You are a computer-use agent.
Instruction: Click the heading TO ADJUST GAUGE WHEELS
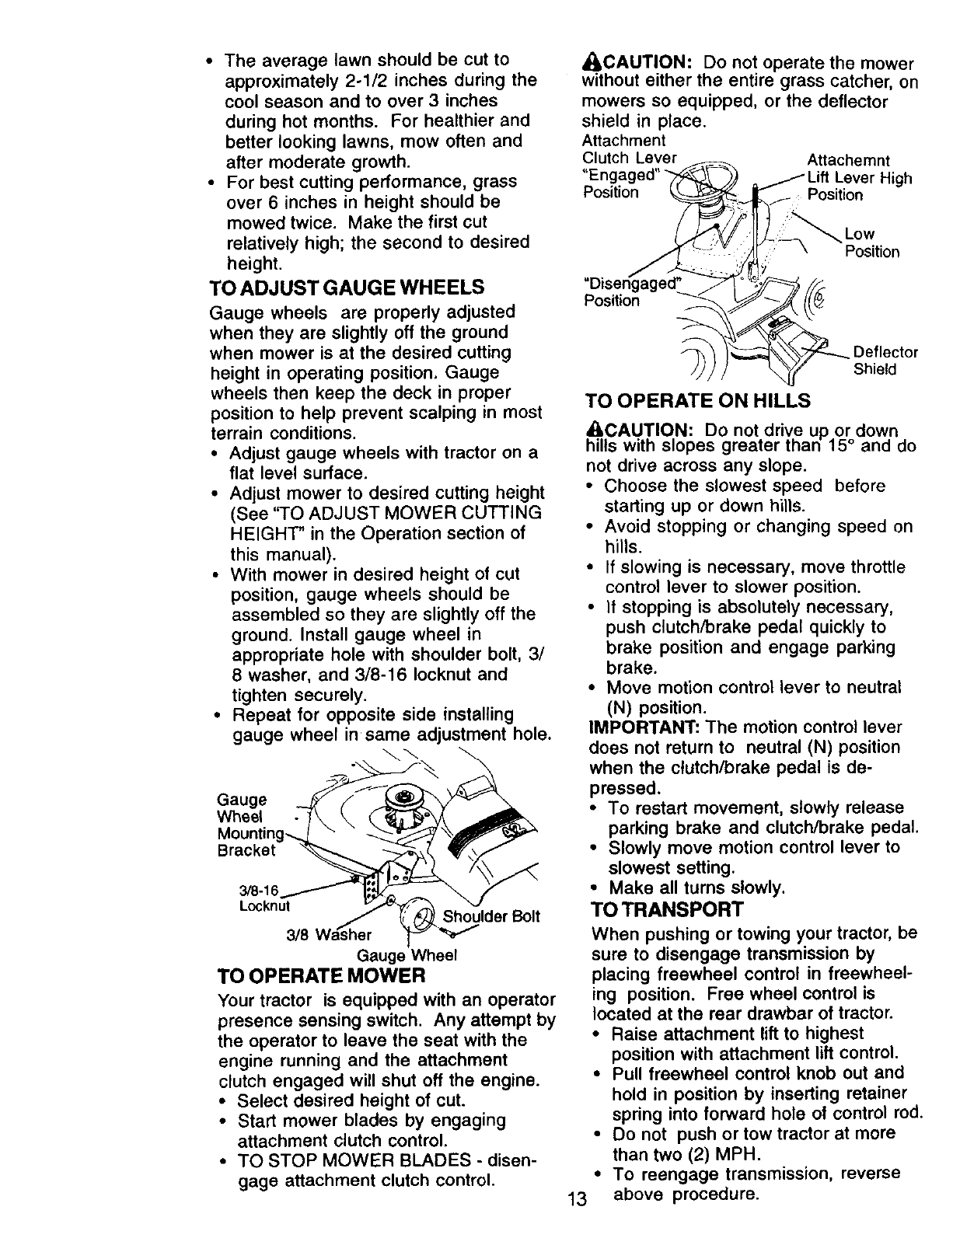pyautogui.click(x=347, y=288)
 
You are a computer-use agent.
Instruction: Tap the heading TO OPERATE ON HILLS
pyautogui.click(x=697, y=401)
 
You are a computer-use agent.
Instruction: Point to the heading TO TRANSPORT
pyautogui.click(x=666, y=909)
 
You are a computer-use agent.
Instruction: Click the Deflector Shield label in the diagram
pyautogui.click(x=885, y=361)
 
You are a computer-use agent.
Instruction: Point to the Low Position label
pyautogui.click(x=871, y=243)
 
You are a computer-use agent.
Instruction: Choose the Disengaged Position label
pyautogui.click(x=629, y=292)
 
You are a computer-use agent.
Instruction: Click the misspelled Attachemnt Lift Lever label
pyautogui.click(x=860, y=178)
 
